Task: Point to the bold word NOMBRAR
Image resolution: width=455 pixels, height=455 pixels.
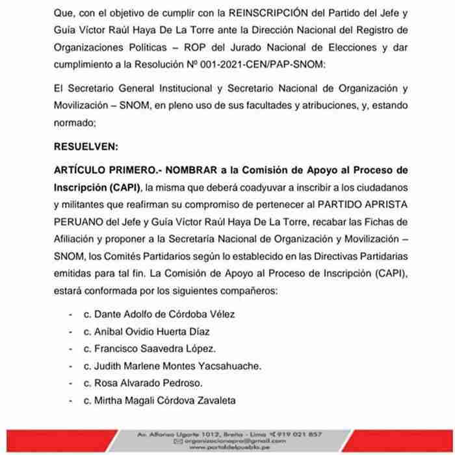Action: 194,171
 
